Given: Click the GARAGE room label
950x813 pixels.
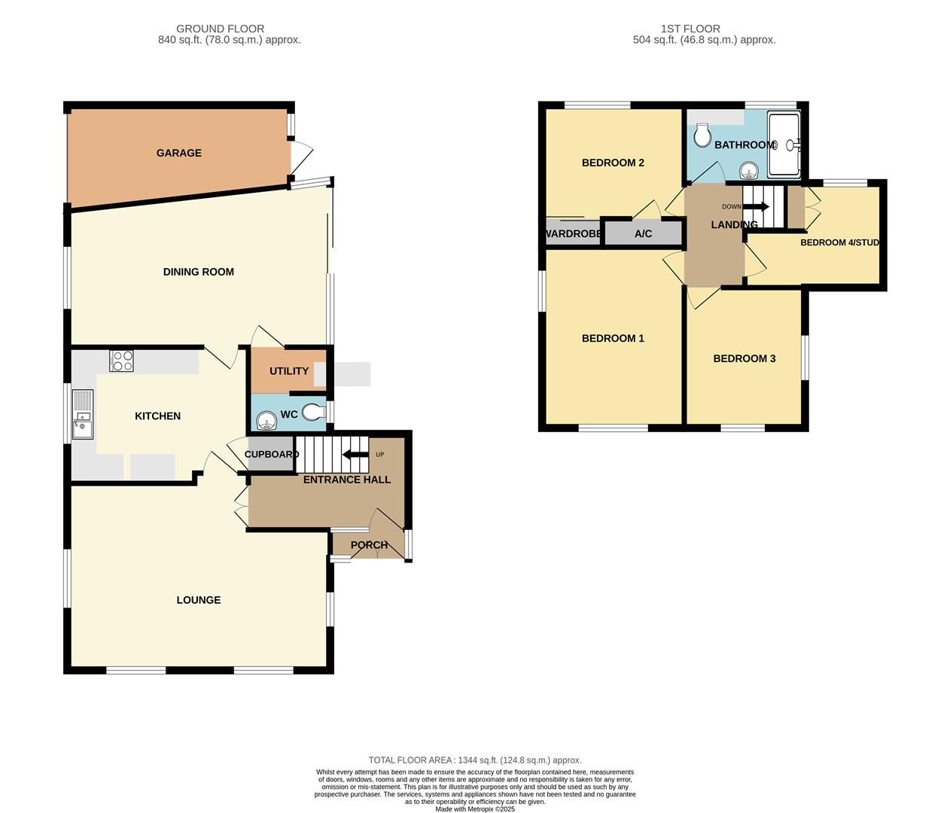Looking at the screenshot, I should tap(178, 153).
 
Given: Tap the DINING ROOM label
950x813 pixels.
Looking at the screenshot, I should tap(198, 272).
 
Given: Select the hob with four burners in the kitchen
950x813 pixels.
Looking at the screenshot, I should tap(121, 361).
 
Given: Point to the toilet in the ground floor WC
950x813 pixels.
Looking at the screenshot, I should tap(312, 412).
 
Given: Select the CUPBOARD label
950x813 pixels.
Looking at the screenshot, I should tap(271, 454).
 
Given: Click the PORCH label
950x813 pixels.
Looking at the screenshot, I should tap(369, 545).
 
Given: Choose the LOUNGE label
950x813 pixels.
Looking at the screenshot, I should tap(198, 600).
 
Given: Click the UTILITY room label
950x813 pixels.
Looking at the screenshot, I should tap(289, 371).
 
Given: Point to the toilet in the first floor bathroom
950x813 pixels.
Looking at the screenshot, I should tap(702, 136).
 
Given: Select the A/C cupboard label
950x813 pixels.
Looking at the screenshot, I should tap(643, 234).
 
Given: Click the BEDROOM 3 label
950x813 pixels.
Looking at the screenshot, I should tap(744, 358).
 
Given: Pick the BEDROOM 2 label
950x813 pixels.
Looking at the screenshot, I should tap(613, 163).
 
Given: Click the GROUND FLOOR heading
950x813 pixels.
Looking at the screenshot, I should tap(220, 29).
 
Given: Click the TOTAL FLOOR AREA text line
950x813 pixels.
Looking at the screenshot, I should tap(474, 760).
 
